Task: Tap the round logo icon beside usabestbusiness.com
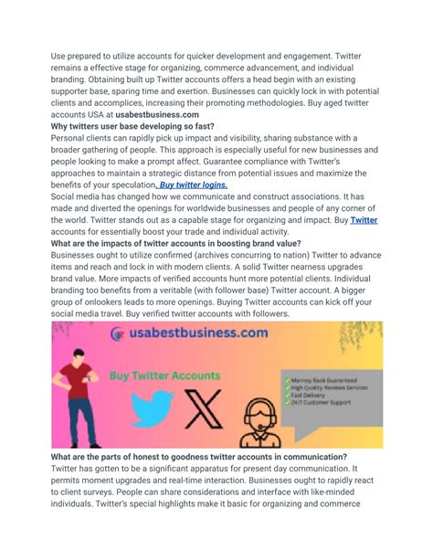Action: [118, 334]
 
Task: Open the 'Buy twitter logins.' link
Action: [193, 184]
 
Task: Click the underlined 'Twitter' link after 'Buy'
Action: [364, 220]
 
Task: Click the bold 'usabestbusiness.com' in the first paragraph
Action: [157, 114]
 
